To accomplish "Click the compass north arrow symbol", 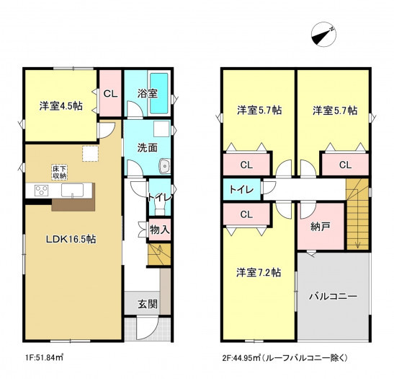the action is pos(323,34).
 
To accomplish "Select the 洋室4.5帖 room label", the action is pos(61,106).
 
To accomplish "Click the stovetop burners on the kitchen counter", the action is pos(42,190).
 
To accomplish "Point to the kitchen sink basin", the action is pos(72,190).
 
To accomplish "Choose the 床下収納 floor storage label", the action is pos(59,172).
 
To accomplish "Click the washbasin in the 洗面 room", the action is pos(164,166).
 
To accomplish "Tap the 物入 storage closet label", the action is pos(160,230).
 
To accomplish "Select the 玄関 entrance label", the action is pos(148,304).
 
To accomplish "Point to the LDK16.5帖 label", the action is pos(71,239).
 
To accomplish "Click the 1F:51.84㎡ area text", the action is pos(44,357).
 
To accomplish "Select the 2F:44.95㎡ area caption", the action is pos(285,357).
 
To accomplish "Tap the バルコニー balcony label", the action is pos(333,296).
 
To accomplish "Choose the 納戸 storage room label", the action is pos(320,227).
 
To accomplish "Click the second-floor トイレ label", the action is pos(242,190).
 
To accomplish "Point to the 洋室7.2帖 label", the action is pos(259,272).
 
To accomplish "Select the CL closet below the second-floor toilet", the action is pos(246,214).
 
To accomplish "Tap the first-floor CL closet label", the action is pos(110,94).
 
